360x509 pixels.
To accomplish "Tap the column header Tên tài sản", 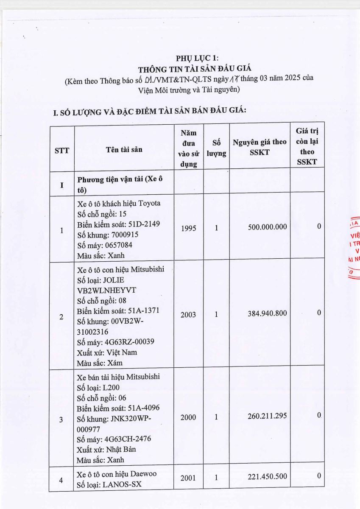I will coord(124,149).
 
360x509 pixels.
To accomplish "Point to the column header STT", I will coord(62,150).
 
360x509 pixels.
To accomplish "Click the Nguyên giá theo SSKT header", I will coord(260,147).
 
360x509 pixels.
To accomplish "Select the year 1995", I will coord(188,228).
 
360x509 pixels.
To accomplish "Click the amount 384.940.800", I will coord(267,313).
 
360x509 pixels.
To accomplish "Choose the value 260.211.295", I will coord(267,416).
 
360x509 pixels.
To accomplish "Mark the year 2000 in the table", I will coord(188,417).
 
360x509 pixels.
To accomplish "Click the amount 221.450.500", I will coord(267,477).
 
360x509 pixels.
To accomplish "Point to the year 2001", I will coord(188,478).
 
